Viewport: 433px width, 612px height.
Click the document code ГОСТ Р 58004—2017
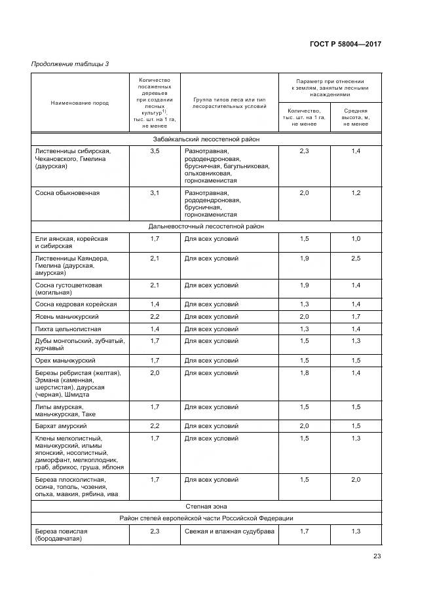pyautogui.click(x=345, y=44)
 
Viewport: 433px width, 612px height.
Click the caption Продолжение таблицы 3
pyautogui.click(x=70, y=63)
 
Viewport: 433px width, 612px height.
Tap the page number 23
pyautogui.click(x=377, y=556)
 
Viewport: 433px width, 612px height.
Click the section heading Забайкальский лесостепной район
pyautogui.click(x=206, y=139)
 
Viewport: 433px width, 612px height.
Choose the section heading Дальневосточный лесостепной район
pyautogui.click(x=206, y=226)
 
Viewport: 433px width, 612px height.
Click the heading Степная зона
pyautogui.click(x=206, y=506)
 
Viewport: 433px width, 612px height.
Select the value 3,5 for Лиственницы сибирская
pyautogui.click(x=155, y=151)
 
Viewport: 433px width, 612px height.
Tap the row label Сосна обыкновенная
pyautogui.click(x=67, y=193)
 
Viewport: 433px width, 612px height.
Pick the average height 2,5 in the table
pyautogui.click(x=356, y=259)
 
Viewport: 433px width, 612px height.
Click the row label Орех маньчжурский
pyautogui.click(x=66, y=361)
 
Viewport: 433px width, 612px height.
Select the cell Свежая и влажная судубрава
pyautogui.click(x=229, y=531)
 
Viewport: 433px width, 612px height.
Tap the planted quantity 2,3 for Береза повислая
pyautogui.click(x=155, y=531)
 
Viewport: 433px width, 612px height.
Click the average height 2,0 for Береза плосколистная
pyautogui.click(x=356, y=480)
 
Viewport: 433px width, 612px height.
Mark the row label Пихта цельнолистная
pyautogui.click(x=68, y=329)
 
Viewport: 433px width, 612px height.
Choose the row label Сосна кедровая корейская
pyautogui.click(x=76, y=304)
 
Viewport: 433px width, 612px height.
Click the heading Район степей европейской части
pyautogui.click(x=206, y=518)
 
